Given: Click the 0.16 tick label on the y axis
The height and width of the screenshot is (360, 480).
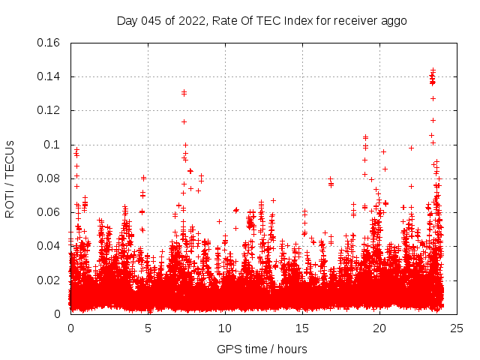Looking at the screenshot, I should tap(49, 43).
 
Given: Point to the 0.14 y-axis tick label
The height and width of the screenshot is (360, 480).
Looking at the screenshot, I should tap(49, 76).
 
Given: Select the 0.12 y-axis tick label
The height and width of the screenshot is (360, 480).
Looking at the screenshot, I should tap(49, 110).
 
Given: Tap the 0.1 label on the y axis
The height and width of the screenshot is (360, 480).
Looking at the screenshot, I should tap(52, 145).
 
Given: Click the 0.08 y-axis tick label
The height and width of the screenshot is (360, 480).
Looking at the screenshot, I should tap(49, 178).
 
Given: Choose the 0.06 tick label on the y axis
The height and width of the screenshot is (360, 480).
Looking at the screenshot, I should tap(49, 212).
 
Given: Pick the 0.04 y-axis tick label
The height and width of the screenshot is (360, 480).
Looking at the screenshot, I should tap(49, 246).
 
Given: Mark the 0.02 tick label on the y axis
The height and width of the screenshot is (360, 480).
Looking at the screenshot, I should tap(49, 280).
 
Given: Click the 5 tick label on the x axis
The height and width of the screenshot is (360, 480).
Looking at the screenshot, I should tap(148, 328).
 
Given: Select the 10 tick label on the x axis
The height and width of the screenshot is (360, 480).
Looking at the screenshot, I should tap(225, 328).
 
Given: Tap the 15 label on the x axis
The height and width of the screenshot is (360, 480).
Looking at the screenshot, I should tap(302, 328).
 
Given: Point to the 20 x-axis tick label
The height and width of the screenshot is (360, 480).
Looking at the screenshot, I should tap(379, 328).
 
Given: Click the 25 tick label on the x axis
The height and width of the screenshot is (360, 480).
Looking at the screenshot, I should tap(457, 328).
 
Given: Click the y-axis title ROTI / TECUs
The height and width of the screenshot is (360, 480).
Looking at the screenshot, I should tap(10, 178).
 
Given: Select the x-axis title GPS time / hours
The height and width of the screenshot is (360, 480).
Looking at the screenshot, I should tap(262, 349).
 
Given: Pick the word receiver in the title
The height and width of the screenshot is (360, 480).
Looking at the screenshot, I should tap(353, 21).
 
